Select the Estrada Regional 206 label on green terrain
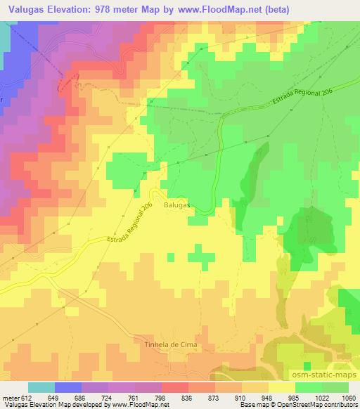(x=298, y=98)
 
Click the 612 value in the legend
(x=27, y=397)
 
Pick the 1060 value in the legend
(x=349, y=397)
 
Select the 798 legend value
(x=161, y=397)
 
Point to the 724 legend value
(x=108, y=397)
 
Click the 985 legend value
(x=295, y=397)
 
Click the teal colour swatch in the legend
(x=41, y=387)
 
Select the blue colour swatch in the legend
(x=67, y=387)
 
